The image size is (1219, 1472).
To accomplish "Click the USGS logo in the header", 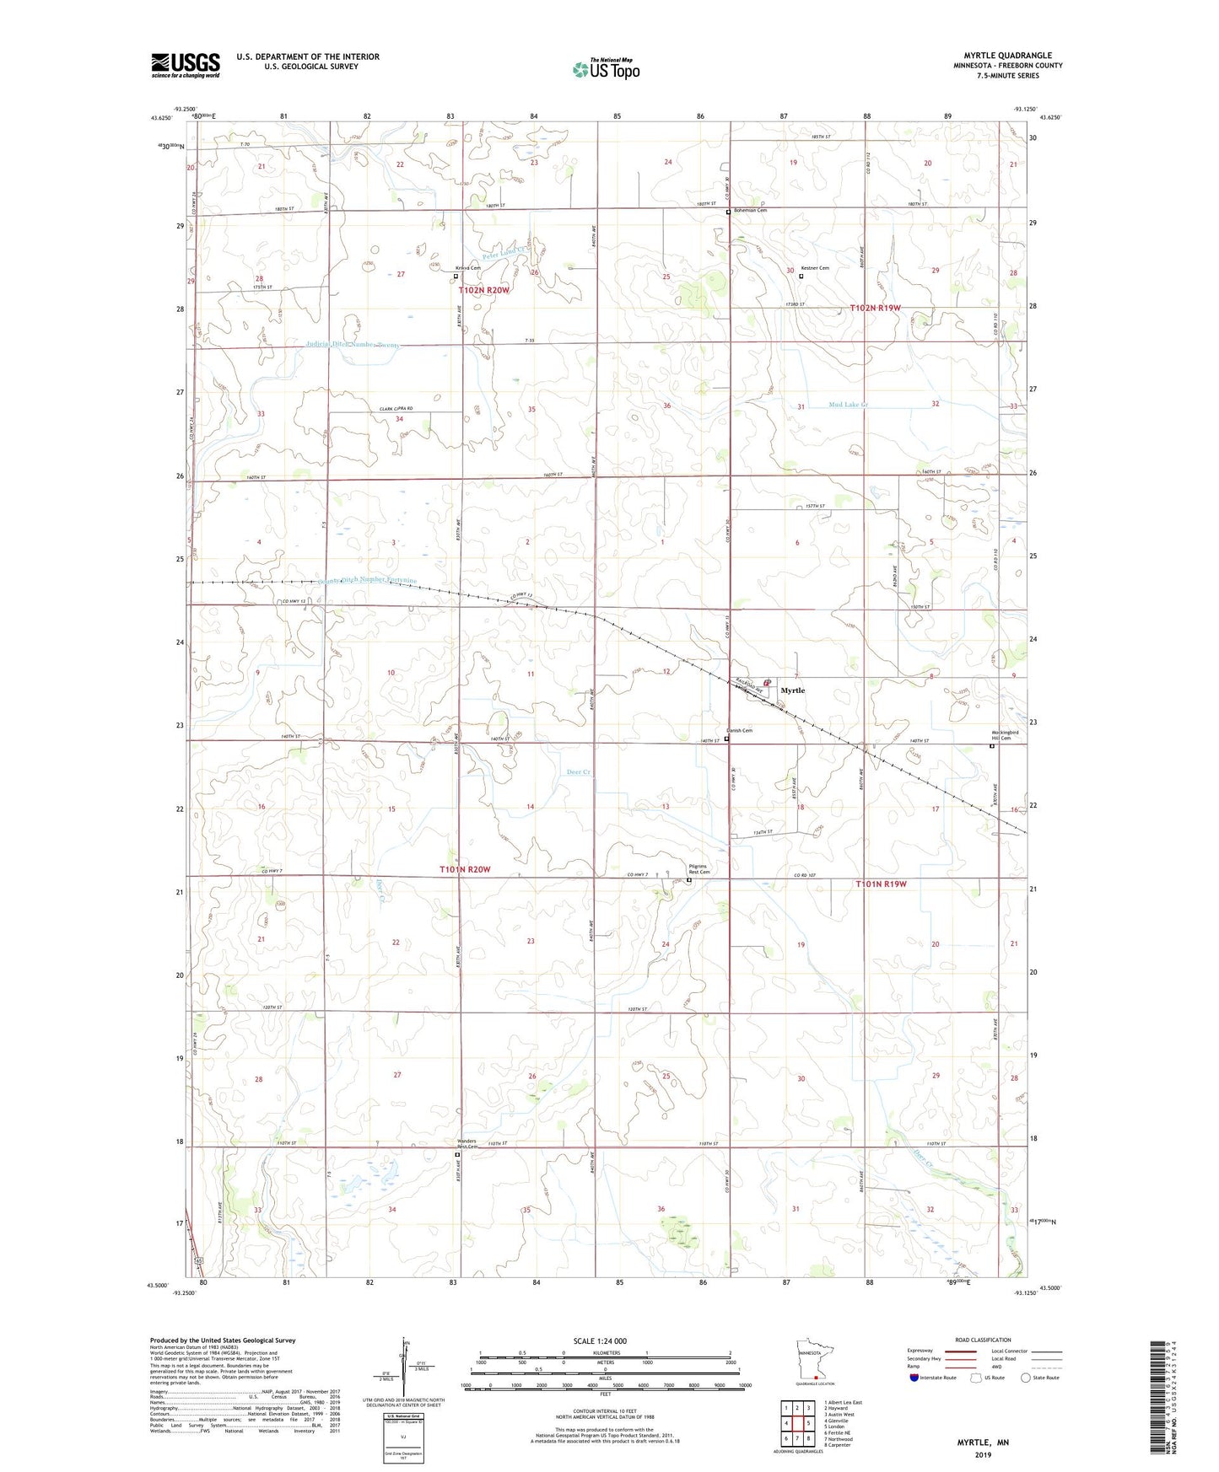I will (x=186, y=64).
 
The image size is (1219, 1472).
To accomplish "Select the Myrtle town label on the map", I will (x=792, y=690).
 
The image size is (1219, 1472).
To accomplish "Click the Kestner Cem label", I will (x=815, y=268).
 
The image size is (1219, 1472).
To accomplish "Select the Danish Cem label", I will (x=739, y=730).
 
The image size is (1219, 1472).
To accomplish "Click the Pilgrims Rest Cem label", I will (x=698, y=868).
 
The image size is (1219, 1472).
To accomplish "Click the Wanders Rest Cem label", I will (x=467, y=1143).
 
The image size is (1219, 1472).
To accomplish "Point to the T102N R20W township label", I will (x=484, y=290).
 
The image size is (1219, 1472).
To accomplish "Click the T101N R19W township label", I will (x=881, y=884).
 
